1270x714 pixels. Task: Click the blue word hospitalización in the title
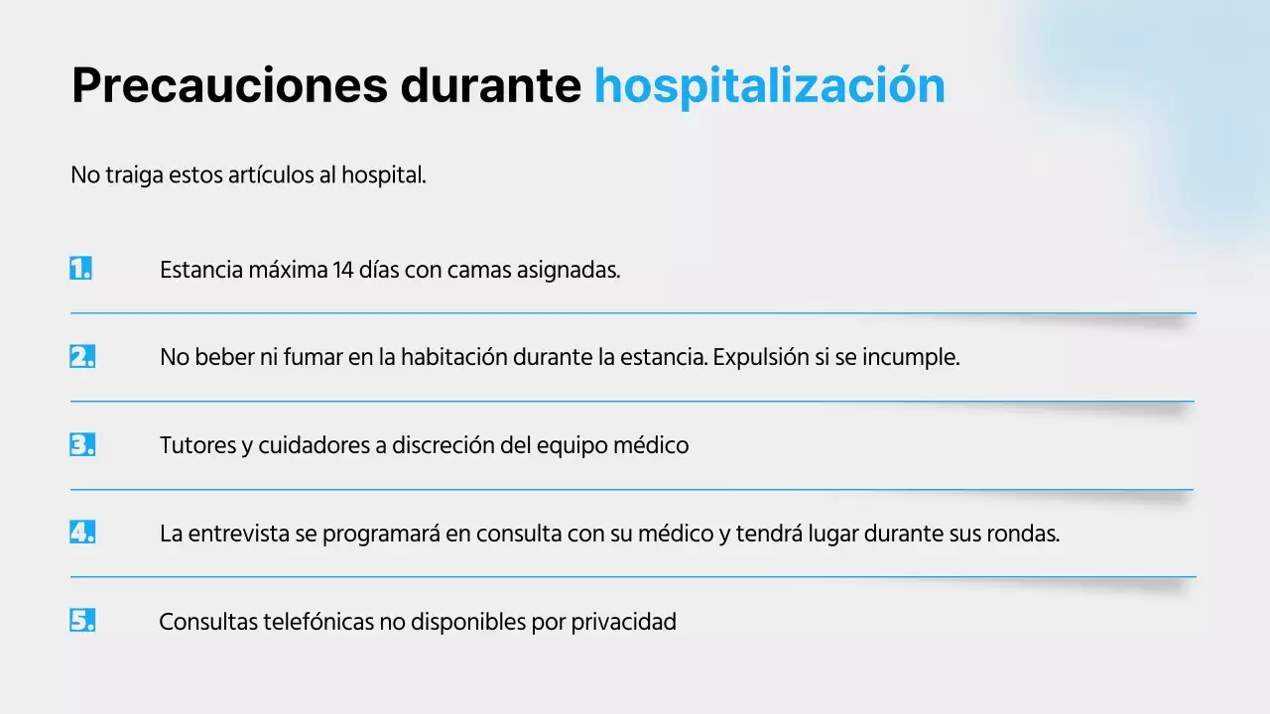[x=769, y=86]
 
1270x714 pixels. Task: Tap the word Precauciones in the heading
[x=229, y=86]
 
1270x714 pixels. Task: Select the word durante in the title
[x=490, y=86]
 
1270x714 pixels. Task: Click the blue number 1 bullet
[x=81, y=269]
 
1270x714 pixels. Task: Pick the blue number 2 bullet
[x=82, y=357]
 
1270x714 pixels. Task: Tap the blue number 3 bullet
[x=82, y=445]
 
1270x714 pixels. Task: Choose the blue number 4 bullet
[x=82, y=533]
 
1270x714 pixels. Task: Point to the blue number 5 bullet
[x=82, y=622]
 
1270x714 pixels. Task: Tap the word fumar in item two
[x=313, y=358]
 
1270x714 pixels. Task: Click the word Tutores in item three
[x=197, y=446]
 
